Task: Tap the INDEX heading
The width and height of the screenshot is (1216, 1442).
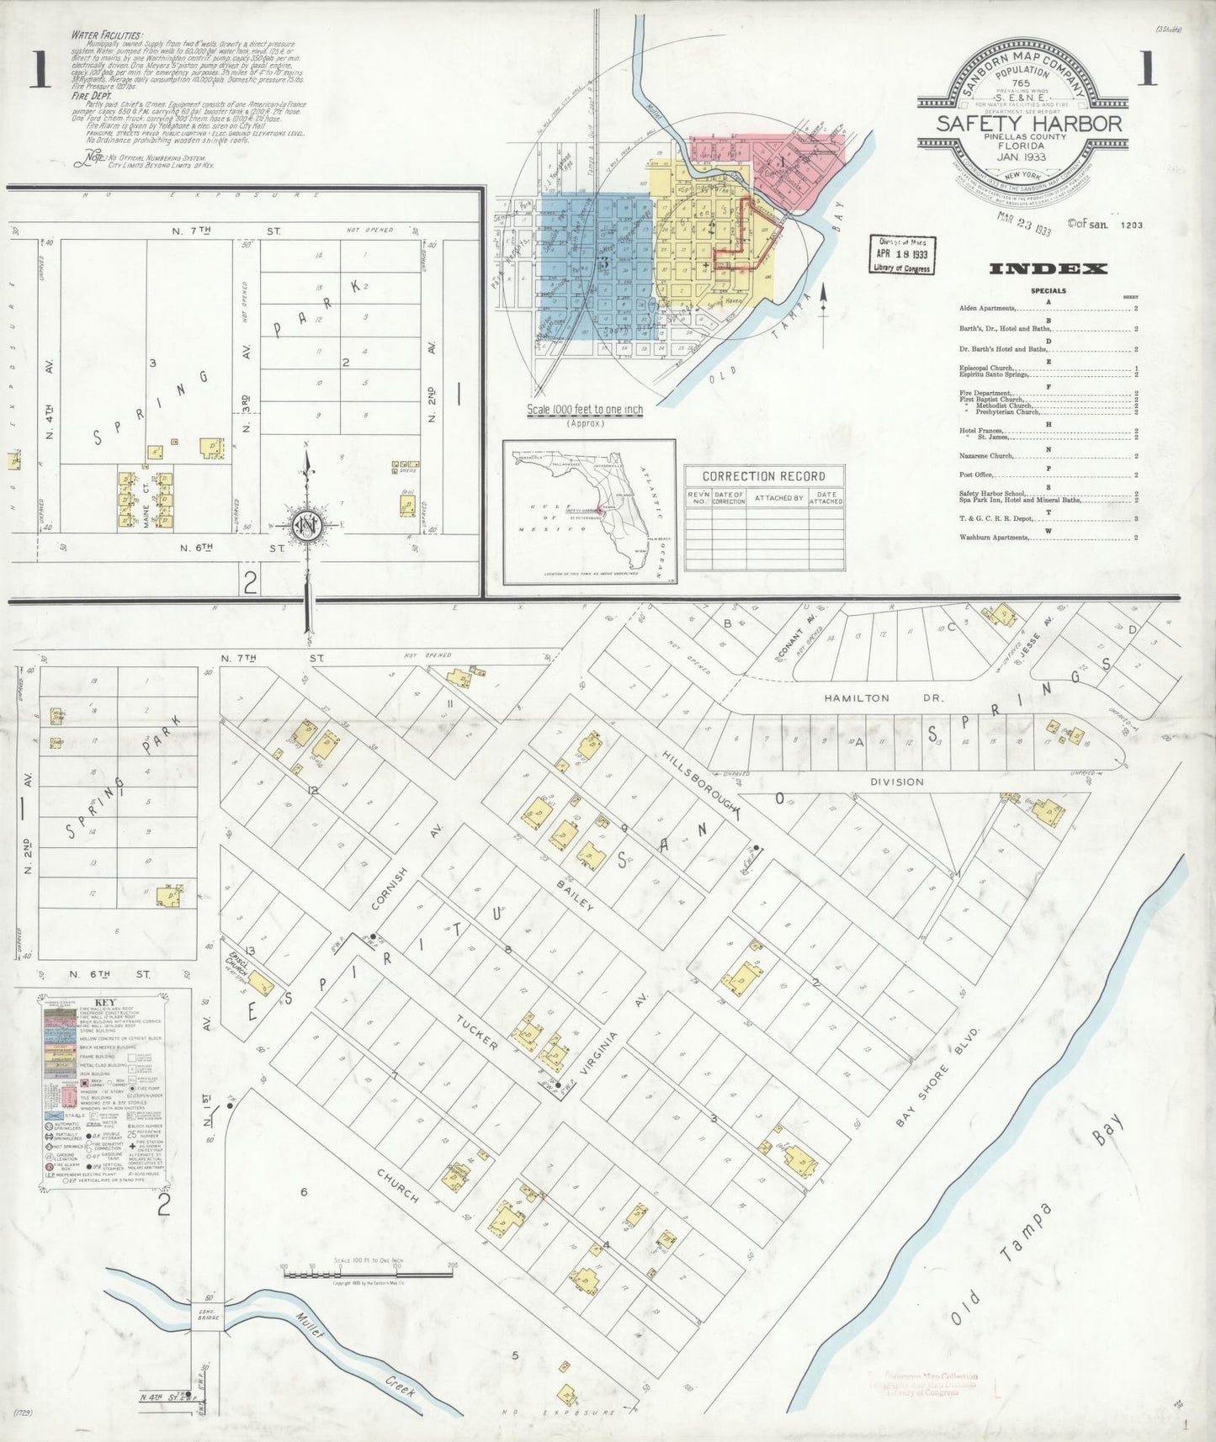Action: coord(1047,269)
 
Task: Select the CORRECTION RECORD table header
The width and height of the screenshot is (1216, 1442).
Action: coord(763,475)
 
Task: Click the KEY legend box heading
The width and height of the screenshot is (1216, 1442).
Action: coord(105,1003)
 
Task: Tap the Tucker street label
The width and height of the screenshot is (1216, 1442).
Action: coord(478,1031)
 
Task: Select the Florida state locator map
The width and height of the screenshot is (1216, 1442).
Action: coord(589,512)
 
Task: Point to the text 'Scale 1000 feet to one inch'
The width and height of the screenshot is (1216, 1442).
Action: coord(585,410)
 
